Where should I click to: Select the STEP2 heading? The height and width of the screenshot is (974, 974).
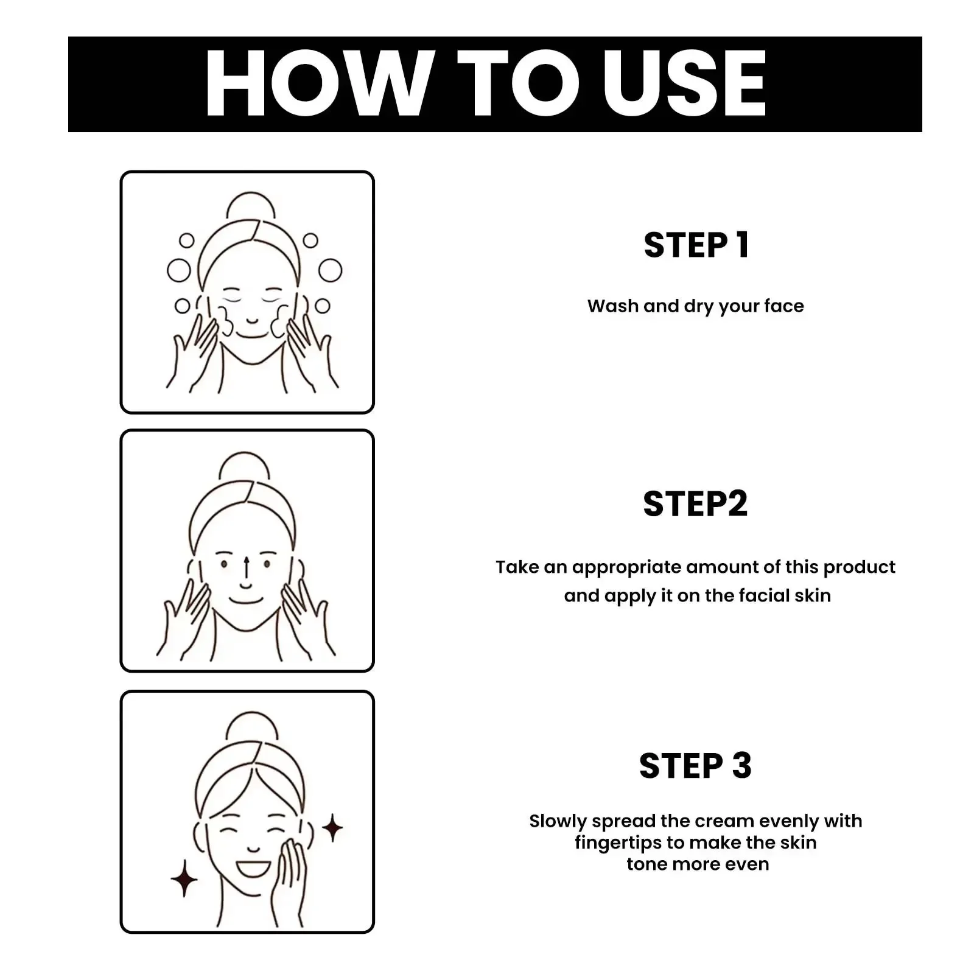click(695, 504)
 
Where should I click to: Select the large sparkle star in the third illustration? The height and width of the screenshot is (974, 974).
click(184, 879)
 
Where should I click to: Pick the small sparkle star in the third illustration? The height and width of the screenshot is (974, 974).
click(332, 828)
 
